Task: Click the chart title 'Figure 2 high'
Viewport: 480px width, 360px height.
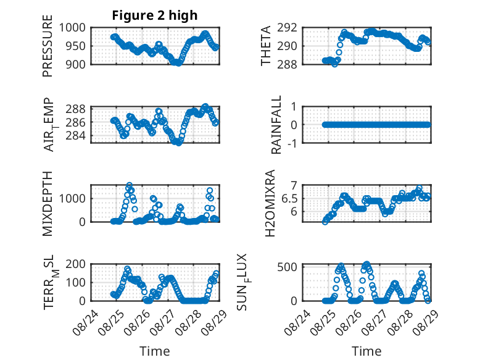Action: click(x=155, y=15)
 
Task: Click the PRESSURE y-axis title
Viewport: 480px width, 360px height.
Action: click(x=48, y=46)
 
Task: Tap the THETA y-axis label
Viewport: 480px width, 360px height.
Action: click(x=266, y=46)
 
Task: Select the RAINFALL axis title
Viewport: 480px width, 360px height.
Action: click(x=276, y=125)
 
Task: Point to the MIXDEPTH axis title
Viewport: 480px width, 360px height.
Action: click(x=48, y=203)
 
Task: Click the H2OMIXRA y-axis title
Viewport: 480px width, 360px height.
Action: click(x=270, y=203)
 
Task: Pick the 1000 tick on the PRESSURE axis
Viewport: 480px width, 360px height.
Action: click(x=72, y=28)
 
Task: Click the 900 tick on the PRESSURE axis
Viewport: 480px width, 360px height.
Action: click(x=76, y=64)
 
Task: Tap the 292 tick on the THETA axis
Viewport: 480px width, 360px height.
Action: click(x=287, y=28)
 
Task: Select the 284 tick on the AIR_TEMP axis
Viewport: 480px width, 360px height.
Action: click(x=76, y=135)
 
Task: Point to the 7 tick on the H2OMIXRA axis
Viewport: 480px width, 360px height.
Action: click(x=294, y=185)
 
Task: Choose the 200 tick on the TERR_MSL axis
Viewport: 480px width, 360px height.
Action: click(x=76, y=264)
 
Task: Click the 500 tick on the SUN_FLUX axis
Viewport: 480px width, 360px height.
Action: click(x=287, y=267)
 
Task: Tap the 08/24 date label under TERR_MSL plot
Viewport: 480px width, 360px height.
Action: click(x=85, y=322)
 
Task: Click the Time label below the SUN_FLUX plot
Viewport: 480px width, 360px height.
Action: click(x=366, y=351)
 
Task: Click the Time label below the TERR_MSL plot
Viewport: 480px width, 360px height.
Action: click(x=155, y=351)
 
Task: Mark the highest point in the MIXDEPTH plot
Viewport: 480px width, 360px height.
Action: click(x=129, y=185)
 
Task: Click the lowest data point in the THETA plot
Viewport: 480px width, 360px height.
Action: click(x=334, y=64)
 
